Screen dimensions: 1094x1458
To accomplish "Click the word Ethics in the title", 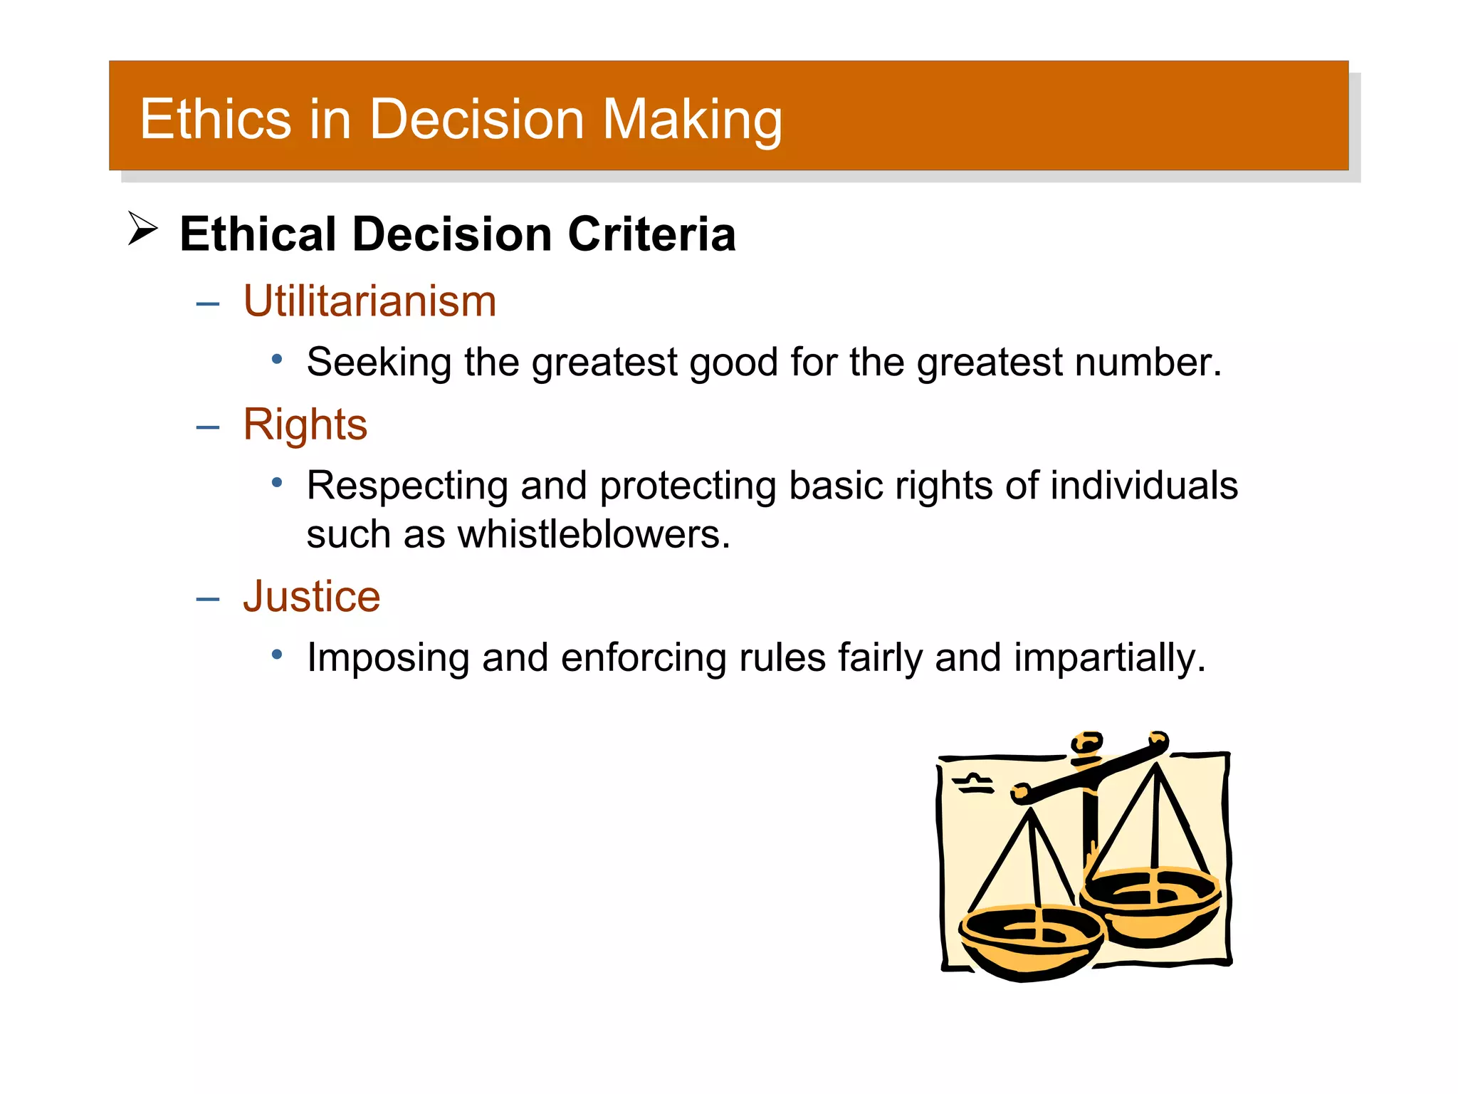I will [215, 119].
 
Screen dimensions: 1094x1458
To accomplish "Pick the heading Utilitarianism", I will [369, 301].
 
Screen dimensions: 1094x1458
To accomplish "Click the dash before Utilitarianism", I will [207, 304].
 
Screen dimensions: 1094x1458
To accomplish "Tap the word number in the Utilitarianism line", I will [1148, 363].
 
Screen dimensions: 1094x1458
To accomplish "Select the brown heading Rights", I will [305, 425].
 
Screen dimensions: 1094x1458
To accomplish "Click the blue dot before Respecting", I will [277, 483].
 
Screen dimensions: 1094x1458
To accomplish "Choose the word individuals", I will [1144, 486].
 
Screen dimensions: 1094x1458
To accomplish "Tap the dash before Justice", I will [207, 599].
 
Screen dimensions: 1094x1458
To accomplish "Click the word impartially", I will [1109, 657].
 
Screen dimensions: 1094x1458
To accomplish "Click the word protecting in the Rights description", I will [687, 486].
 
